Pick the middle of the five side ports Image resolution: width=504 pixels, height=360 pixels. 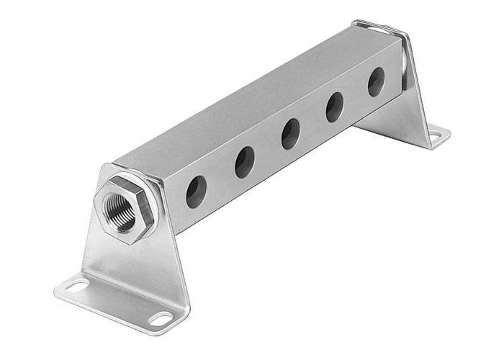click(x=290, y=132)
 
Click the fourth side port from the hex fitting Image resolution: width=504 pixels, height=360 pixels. click(x=334, y=108)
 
